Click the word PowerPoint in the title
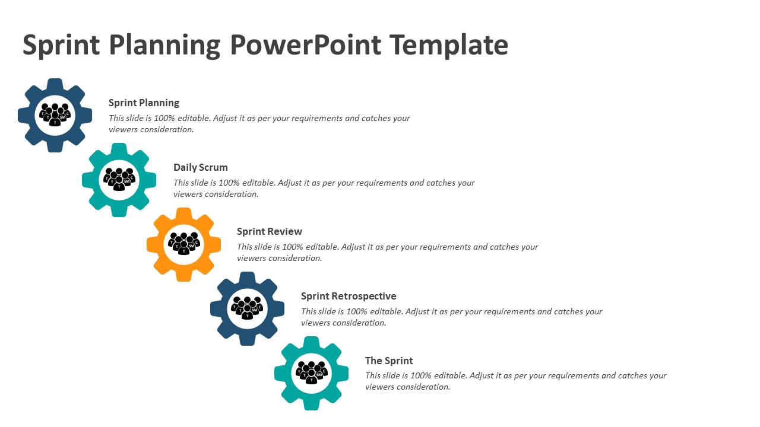[305, 44]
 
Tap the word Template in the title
[448, 46]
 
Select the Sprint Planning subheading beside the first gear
[144, 103]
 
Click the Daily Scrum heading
[201, 167]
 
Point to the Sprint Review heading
[270, 231]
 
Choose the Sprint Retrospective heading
[349, 296]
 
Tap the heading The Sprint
[389, 361]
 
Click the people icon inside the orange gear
[183, 243]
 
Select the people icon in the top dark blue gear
[55, 114]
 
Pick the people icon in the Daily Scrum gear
[119, 179]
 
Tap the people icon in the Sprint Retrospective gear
[248, 308]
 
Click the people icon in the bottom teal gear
[312, 372]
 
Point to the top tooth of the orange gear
[183, 214]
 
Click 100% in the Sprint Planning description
[164, 118]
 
